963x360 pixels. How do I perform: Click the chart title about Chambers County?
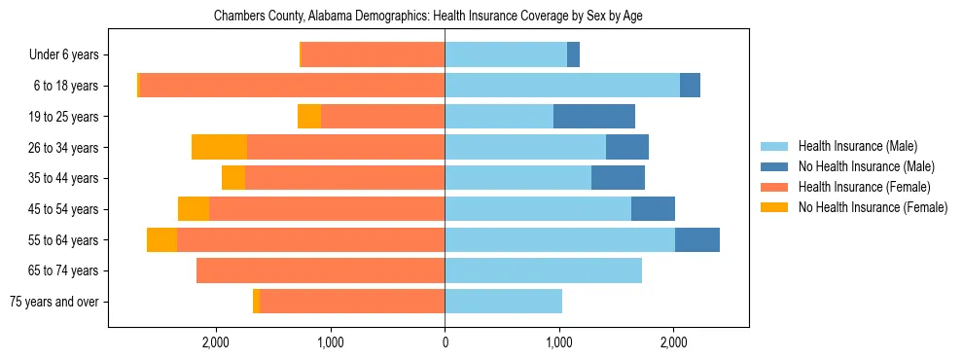pos(428,17)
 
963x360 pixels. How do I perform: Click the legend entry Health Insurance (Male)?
pos(857,146)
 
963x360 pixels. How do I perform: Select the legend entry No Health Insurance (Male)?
pos(866,166)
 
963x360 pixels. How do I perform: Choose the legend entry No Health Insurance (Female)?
pos(873,207)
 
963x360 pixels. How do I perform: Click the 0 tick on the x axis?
pos(445,342)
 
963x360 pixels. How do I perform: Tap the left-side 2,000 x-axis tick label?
pos(215,342)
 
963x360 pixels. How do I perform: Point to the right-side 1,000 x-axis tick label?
pos(559,342)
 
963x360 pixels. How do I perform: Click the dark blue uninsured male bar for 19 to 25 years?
pos(594,117)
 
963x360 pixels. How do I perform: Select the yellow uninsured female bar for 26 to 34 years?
pos(219,147)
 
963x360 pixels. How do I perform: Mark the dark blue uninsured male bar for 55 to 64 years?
pos(697,239)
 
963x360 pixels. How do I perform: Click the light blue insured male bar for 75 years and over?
pos(503,302)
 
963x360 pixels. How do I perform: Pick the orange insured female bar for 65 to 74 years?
pos(320,270)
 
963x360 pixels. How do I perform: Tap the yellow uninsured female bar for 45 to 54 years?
pos(194,209)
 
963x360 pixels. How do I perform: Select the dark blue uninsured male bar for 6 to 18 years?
pos(690,86)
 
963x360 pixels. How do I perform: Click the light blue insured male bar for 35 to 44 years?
pos(517,178)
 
